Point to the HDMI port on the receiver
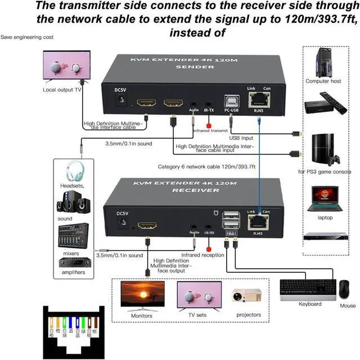pyautogui.click(x=148, y=227)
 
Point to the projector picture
pyautogui.click(x=247, y=298)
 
